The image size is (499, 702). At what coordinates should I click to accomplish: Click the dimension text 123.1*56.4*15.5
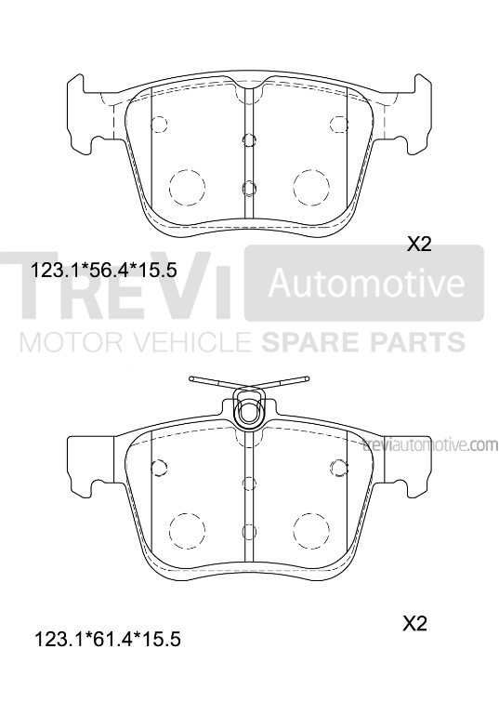pos(103,271)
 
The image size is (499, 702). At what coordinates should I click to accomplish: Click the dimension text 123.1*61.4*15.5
pos(108,640)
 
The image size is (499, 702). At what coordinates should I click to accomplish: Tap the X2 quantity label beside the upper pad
pos(419,244)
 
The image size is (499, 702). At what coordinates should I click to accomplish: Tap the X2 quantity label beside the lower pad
pos(414,623)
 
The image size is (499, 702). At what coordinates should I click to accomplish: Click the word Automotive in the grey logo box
pos(366,283)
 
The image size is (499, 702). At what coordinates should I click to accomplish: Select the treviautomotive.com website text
pos(429,445)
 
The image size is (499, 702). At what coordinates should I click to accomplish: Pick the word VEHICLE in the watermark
pos(195,342)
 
